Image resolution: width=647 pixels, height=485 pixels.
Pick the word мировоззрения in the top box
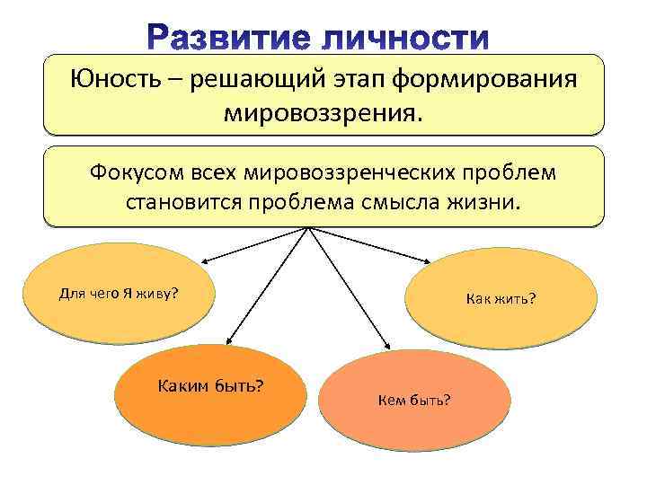coord(323,114)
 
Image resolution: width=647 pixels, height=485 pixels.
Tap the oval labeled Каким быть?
coord(210,395)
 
